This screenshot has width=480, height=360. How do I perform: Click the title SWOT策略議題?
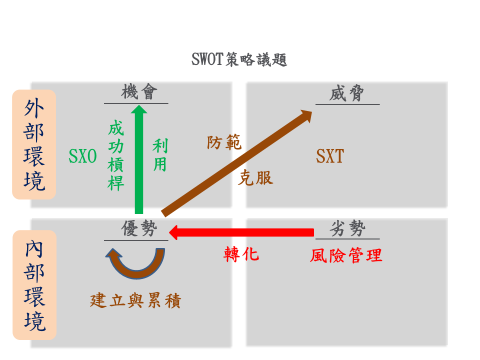pyautogui.click(x=239, y=60)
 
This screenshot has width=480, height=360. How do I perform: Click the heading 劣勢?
pyautogui.click(x=346, y=228)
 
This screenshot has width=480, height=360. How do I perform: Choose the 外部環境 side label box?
pyautogui.click(x=34, y=144)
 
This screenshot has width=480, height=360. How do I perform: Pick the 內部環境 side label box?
pyautogui.click(x=34, y=284)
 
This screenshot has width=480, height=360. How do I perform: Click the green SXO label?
pyautogui.click(x=82, y=156)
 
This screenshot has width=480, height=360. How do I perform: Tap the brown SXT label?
pyautogui.click(x=329, y=156)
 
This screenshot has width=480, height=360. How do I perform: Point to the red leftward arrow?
pyautogui.click(x=240, y=233)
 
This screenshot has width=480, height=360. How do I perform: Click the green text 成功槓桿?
pyautogui.click(x=115, y=155)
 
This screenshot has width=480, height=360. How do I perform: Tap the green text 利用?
pyautogui.click(x=160, y=155)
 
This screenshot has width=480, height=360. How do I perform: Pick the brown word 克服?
pyautogui.click(x=256, y=177)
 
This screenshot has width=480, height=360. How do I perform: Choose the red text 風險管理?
pyautogui.click(x=346, y=255)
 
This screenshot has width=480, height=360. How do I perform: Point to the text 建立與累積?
pyautogui.click(x=135, y=298)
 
